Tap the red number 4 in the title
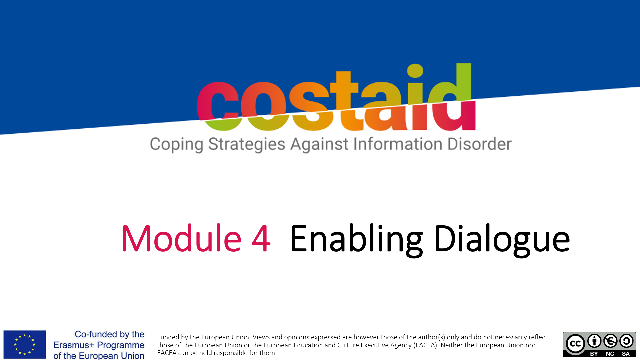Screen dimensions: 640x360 pos(261,239)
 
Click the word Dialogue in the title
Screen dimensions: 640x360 pos(502,240)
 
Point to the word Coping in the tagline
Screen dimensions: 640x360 pos(176,145)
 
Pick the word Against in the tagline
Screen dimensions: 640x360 pos(319,145)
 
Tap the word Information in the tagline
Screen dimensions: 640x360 pos(398,144)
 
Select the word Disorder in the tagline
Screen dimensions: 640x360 pos(479,144)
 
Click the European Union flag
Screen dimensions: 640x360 pos(25,344)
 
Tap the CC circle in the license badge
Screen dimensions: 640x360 pos(575,343)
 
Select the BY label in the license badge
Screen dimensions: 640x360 pos(594,354)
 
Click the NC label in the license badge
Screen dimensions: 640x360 pos(610,354)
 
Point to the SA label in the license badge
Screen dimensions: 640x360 pos(626,354)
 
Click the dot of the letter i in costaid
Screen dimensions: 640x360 pos(415,71)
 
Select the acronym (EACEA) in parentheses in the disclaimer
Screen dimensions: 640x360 pos(426,345)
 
